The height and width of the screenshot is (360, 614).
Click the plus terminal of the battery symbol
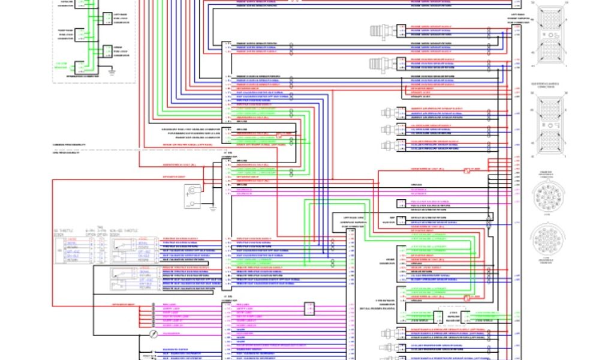click(188, 193)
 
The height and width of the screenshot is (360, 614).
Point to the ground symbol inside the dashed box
click(111, 71)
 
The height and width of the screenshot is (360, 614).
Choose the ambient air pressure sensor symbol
click(387, 112)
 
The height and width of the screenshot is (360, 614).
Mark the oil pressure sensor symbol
click(387, 128)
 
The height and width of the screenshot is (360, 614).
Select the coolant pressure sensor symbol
click(387, 145)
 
